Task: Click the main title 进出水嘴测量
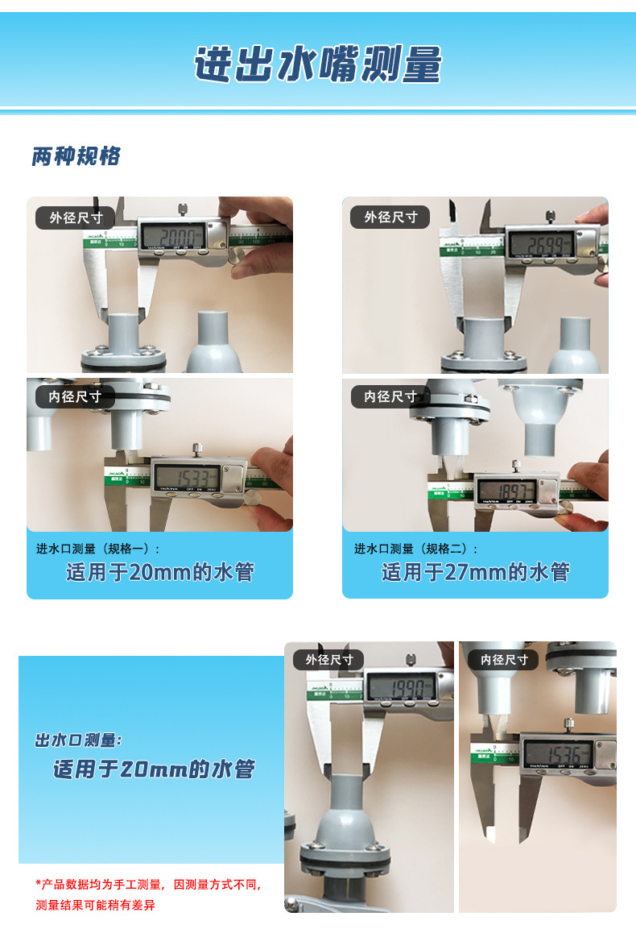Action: click(x=318, y=64)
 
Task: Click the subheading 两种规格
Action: click(x=76, y=155)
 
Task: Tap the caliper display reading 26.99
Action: click(x=540, y=243)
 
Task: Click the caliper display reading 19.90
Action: click(x=400, y=687)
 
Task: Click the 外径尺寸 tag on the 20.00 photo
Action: click(x=76, y=218)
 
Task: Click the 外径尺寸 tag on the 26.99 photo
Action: click(x=390, y=217)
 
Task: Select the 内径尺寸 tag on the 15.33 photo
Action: click(x=75, y=396)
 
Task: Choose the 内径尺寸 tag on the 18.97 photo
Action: click(x=390, y=396)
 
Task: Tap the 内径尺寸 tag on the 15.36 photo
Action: click(x=504, y=659)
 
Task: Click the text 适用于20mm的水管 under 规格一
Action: click(x=159, y=573)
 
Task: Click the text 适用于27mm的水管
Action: click(x=475, y=573)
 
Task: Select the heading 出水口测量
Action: click(x=79, y=740)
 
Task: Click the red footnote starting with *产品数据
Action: click(x=148, y=894)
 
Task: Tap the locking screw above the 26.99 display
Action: click(x=550, y=216)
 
